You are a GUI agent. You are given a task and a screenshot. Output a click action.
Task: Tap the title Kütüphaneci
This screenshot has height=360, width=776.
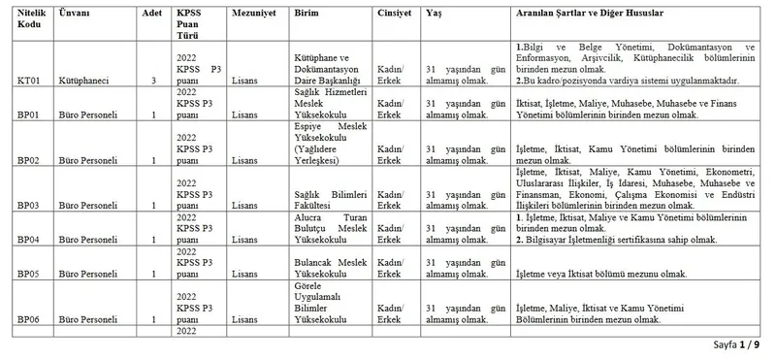pos(83,81)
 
